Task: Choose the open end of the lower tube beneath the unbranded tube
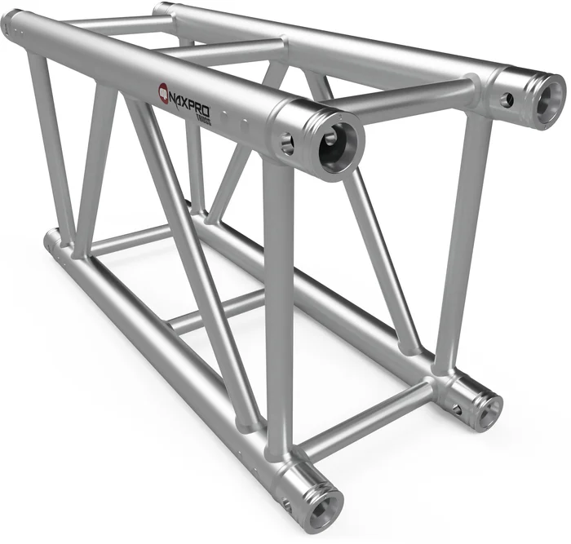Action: click(486, 407)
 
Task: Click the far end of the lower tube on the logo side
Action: click(52, 241)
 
